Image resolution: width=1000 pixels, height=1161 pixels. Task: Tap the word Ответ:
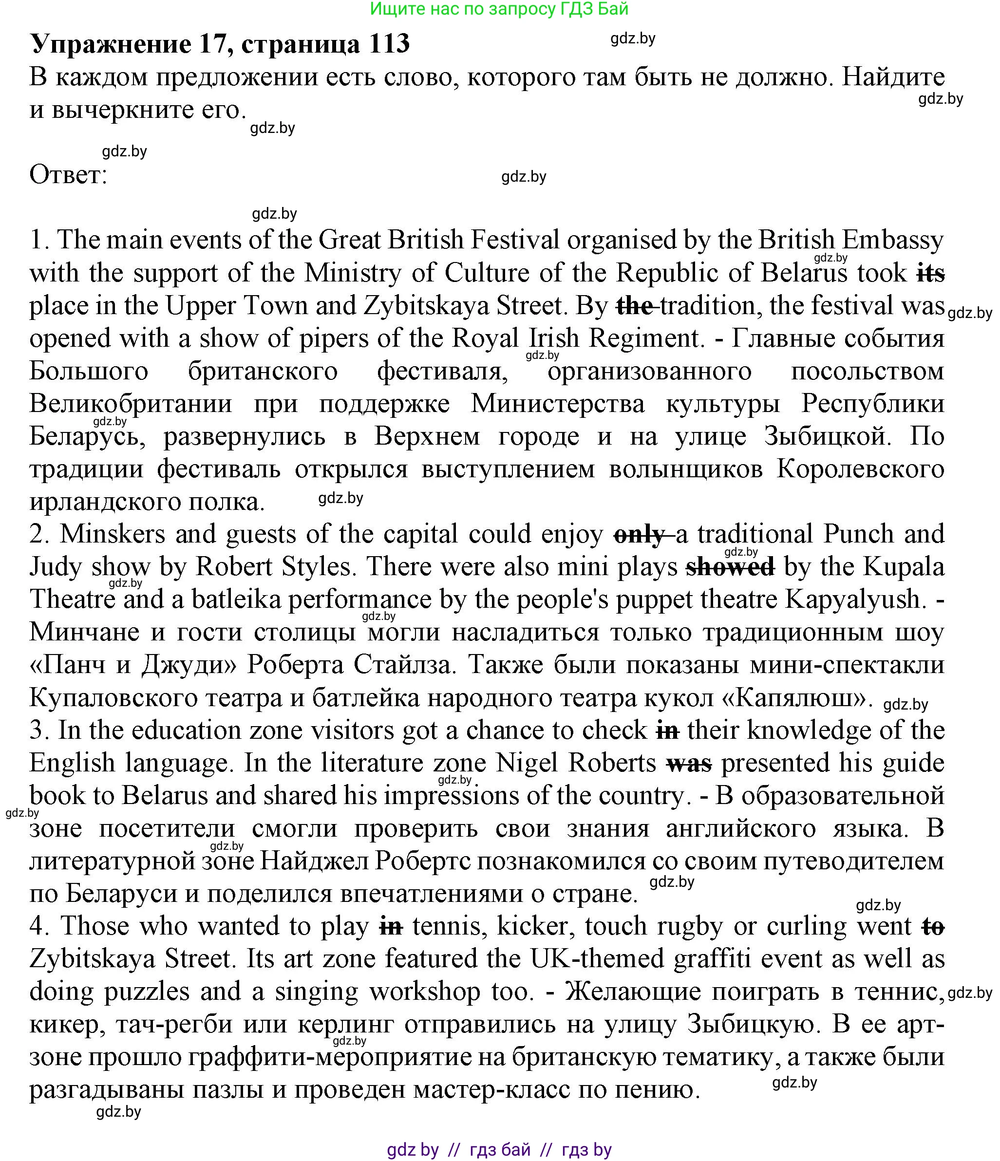tap(68, 175)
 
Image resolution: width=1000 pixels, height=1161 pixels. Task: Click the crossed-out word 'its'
tap(931, 273)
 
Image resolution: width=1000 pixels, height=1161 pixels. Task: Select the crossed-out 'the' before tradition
tap(635, 306)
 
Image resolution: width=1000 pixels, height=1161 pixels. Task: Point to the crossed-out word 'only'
tap(640, 535)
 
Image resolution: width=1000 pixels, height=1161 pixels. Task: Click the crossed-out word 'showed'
tap(730, 567)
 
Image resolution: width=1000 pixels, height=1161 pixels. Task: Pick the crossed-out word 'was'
tap(689, 763)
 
